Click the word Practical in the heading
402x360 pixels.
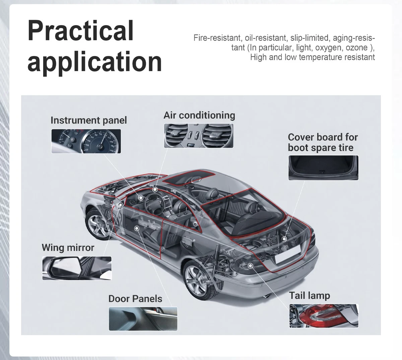click(x=80, y=31)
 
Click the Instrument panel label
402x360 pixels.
click(x=89, y=120)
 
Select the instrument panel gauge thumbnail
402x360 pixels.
click(x=86, y=141)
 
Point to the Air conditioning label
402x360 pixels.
click(x=199, y=115)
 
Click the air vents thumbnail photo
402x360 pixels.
click(x=199, y=136)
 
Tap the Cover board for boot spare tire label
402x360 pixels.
click(x=323, y=142)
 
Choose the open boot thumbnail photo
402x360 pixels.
click(x=323, y=168)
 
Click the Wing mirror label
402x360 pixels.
click(x=68, y=248)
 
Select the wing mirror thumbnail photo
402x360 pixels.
click(x=77, y=268)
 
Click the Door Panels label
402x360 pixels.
click(x=135, y=299)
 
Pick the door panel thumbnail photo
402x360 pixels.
click(x=143, y=319)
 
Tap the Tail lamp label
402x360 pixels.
click(x=310, y=295)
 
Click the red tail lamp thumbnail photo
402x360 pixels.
click(x=324, y=316)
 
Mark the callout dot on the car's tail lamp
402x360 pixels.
click(x=250, y=265)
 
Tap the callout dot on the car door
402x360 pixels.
click(x=137, y=229)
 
